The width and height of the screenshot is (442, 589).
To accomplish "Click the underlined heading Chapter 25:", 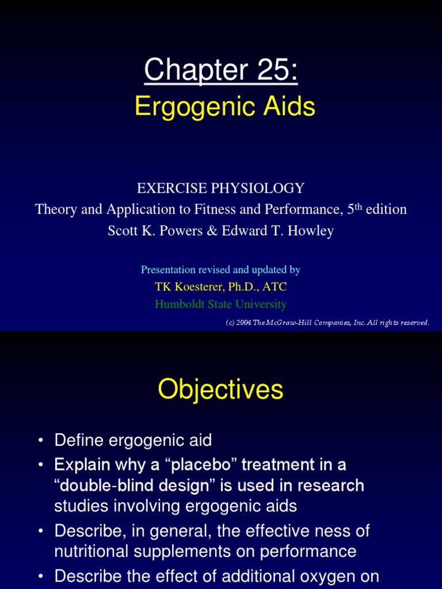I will point(221,71).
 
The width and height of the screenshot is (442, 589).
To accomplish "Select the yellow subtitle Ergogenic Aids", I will point(225,107).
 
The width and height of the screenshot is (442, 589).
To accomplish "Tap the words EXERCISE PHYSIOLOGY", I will point(220,188).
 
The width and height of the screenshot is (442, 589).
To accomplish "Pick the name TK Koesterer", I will point(188,286).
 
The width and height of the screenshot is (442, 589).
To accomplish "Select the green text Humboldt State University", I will point(220,304).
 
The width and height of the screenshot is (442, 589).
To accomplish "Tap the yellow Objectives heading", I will point(220,389).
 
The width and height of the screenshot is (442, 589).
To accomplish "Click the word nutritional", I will point(94,552).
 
